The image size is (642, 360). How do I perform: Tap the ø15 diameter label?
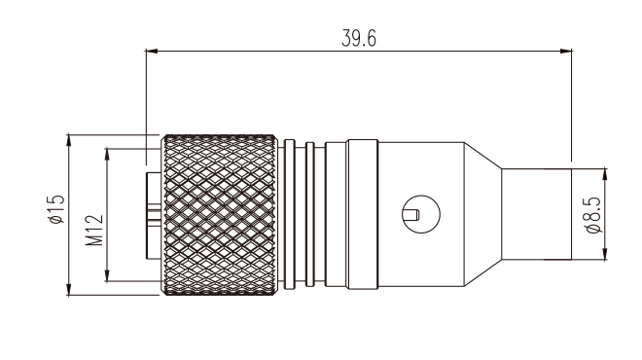coord(55,210)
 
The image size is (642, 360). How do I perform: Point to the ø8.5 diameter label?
coord(592,215)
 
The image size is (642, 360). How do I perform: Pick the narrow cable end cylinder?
coord(536,214)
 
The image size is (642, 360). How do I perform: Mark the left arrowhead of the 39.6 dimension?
coord(152,52)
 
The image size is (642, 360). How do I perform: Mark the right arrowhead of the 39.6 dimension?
coord(565,52)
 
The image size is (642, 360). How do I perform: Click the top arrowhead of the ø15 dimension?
coord(69,139)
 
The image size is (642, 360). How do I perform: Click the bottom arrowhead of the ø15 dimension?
coord(69,289)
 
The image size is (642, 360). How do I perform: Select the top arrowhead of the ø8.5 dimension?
coord(605,174)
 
